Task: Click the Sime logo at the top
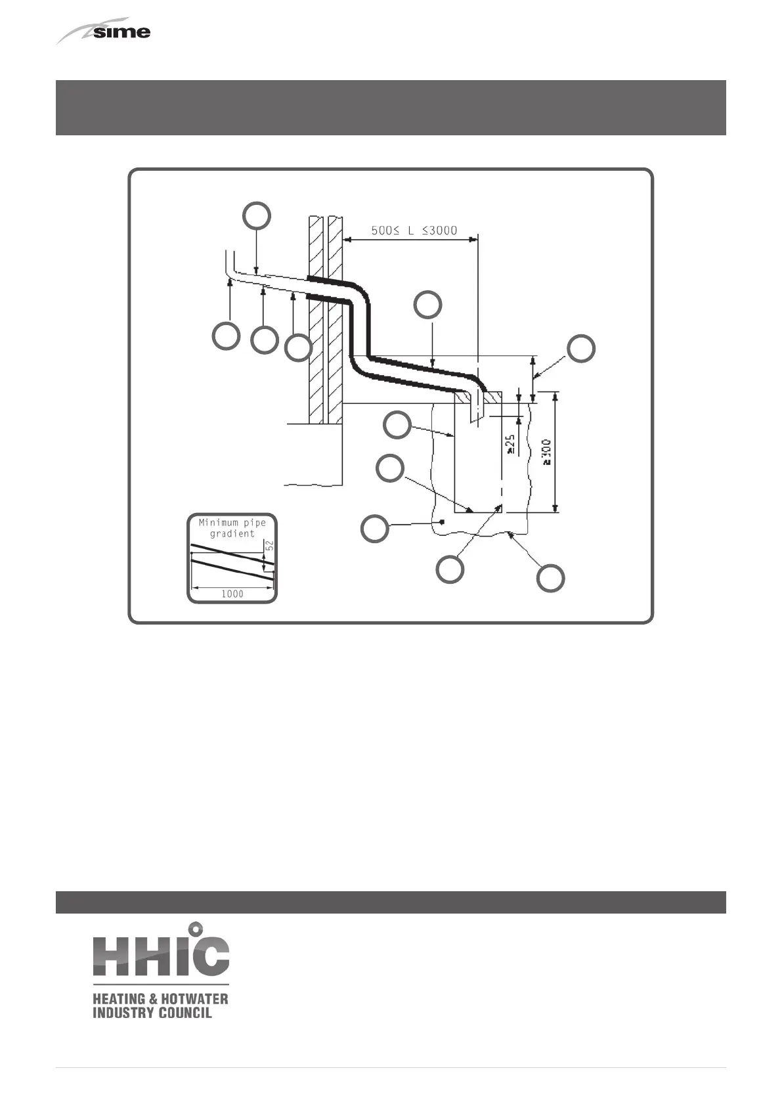pos(105,32)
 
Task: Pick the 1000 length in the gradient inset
pos(232,594)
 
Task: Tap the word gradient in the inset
pos(232,534)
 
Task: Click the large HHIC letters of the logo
pos(161,953)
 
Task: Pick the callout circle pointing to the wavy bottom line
pos(550,578)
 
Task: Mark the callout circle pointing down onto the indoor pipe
pos(257,215)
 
